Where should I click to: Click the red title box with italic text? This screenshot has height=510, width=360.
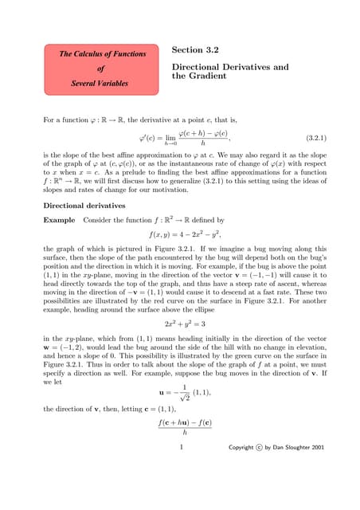pos(103,68)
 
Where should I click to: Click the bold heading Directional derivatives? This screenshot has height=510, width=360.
pos(85,205)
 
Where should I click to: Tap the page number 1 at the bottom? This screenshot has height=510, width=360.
pos(182,469)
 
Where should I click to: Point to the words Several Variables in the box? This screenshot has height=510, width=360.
pos(103,82)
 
